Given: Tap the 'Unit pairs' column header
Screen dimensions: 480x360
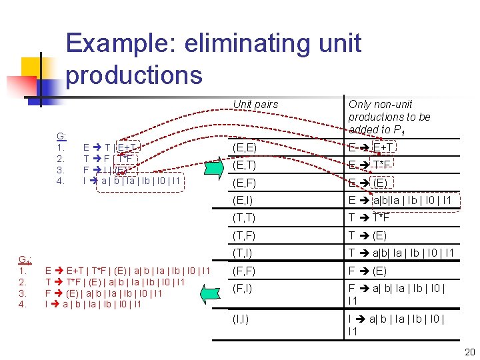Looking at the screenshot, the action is pyautogui.click(x=255, y=104).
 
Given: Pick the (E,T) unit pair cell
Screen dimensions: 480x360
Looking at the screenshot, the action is pyautogui.click(x=244, y=164).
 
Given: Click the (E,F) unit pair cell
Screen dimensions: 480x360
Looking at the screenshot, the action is pyautogui.click(x=244, y=182).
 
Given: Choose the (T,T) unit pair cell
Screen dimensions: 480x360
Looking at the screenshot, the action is pyautogui.click(x=244, y=218).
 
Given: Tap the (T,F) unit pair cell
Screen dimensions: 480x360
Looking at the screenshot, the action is pyautogui.click(x=244, y=235).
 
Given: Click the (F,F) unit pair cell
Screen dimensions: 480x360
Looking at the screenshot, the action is pyautogui.click(x=244, y=271).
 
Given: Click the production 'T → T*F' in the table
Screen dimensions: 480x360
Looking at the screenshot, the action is pyautogui.click(x=369, y=218).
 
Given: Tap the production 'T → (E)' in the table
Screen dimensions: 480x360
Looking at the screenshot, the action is pyautogui.click(x=367, y=235).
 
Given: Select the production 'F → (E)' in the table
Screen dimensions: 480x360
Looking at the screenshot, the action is pyautogui.click(x=367, y=271).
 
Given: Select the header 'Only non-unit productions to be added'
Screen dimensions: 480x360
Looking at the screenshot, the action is pyautogui.click(x=389, y=117).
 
